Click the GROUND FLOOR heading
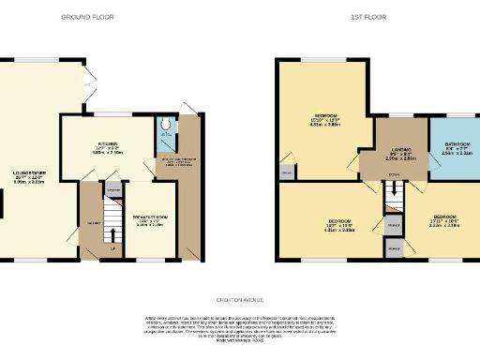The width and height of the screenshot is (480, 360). click(x=83, y=17)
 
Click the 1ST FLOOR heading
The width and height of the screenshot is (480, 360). click(x=365, y=17)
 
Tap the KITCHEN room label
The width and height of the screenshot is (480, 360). click(x=106, y=144)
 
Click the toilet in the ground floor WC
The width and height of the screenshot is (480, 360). click(x=165, y=123)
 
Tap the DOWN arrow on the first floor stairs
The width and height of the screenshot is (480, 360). click(x=395, y=175)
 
